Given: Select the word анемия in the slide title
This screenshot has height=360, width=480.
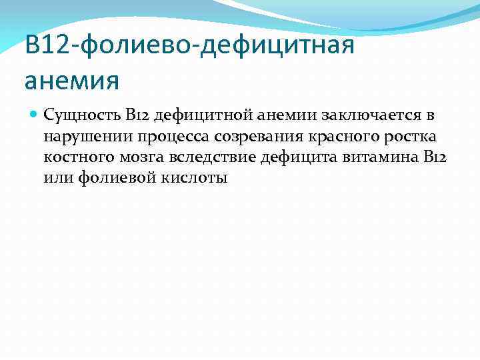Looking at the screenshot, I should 71,80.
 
